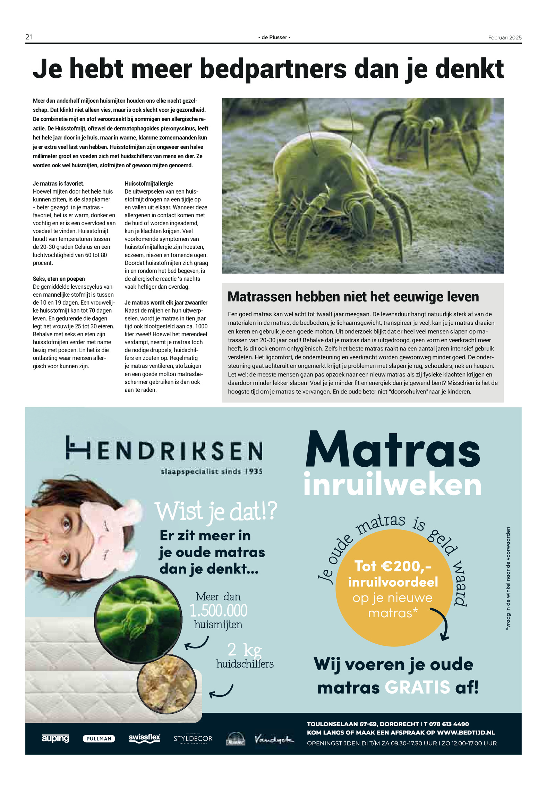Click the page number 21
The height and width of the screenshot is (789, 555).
point(29,37)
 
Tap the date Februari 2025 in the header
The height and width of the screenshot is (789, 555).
point(504,37)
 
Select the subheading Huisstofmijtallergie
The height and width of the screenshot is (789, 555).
point(149,184)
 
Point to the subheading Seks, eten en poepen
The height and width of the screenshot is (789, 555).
point(59,279)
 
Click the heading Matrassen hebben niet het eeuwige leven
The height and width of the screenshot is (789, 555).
point(353,297)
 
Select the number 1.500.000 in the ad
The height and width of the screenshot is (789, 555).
point(219,611)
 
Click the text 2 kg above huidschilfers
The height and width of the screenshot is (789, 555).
point(245,650)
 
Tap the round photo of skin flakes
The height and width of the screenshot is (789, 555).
point(167,685)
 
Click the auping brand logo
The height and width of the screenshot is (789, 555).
point(55,738)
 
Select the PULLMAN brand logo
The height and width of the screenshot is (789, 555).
point(99,739)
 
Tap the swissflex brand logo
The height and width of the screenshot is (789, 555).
point(144,738)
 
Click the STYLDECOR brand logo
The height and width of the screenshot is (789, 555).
point(193,739)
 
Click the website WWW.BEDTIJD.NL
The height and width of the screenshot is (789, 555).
point(466,732)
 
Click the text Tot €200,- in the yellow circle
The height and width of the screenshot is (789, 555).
point(393,566)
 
